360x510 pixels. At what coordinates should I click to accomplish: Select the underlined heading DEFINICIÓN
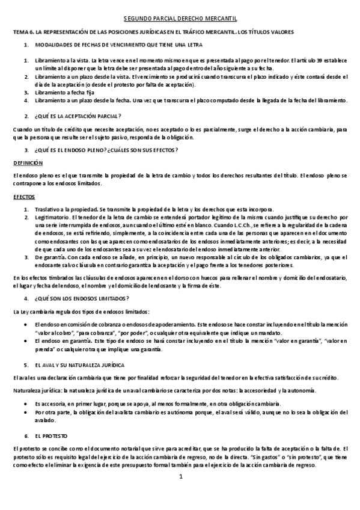27,162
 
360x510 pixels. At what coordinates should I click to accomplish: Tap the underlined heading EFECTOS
24,197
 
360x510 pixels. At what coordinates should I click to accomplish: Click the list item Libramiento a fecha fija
63,93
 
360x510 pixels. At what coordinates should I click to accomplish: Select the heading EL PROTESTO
51,434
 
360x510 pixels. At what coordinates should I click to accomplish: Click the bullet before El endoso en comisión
27,324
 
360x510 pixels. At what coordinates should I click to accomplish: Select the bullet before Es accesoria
27,404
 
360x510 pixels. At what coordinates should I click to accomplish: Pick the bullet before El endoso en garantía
27,340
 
